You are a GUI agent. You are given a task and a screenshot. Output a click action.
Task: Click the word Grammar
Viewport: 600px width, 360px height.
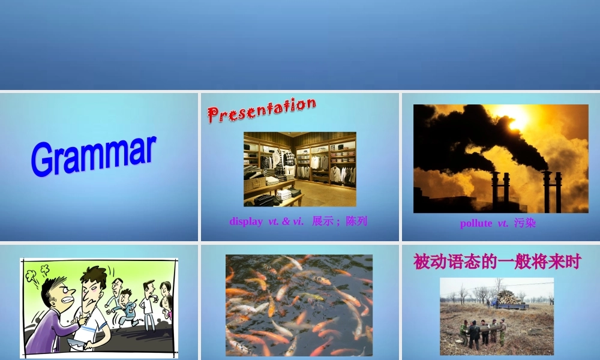point(94,157)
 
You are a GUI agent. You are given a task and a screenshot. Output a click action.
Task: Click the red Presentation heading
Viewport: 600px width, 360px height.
point(262,110)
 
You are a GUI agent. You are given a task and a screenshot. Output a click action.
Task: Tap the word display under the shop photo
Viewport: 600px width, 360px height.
point(246,221)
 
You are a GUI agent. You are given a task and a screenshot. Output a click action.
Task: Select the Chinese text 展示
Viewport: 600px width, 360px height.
point(322,221)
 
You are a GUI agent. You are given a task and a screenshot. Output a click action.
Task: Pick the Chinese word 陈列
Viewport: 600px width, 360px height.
point(356,221)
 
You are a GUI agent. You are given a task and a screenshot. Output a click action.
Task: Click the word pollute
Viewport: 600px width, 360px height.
point(476,223)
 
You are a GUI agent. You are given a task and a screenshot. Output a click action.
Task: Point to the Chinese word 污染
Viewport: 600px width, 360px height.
point(525,223)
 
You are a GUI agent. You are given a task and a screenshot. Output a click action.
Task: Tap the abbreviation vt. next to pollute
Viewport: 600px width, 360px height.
point(503,223)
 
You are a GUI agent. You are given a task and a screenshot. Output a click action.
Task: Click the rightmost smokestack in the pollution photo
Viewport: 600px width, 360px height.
point(559,192)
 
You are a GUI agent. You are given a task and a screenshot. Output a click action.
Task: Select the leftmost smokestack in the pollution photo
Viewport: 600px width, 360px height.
point(496,192)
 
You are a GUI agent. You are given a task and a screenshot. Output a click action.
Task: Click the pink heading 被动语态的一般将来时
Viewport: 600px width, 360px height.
point(497,262)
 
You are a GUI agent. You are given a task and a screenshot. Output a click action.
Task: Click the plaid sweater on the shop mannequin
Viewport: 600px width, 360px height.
point(290,159)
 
